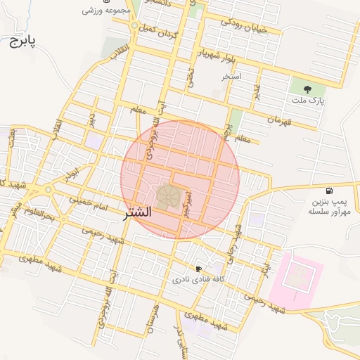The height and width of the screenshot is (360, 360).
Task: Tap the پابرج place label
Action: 22,41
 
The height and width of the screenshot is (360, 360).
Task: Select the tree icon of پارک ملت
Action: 307,89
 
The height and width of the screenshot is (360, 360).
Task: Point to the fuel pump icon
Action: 328,191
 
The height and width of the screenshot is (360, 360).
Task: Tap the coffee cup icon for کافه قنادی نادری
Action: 198,269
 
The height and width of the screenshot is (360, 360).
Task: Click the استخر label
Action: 231,75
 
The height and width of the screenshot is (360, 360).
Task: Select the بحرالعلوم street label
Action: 39,213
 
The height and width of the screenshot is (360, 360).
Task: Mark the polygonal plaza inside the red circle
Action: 167,195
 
